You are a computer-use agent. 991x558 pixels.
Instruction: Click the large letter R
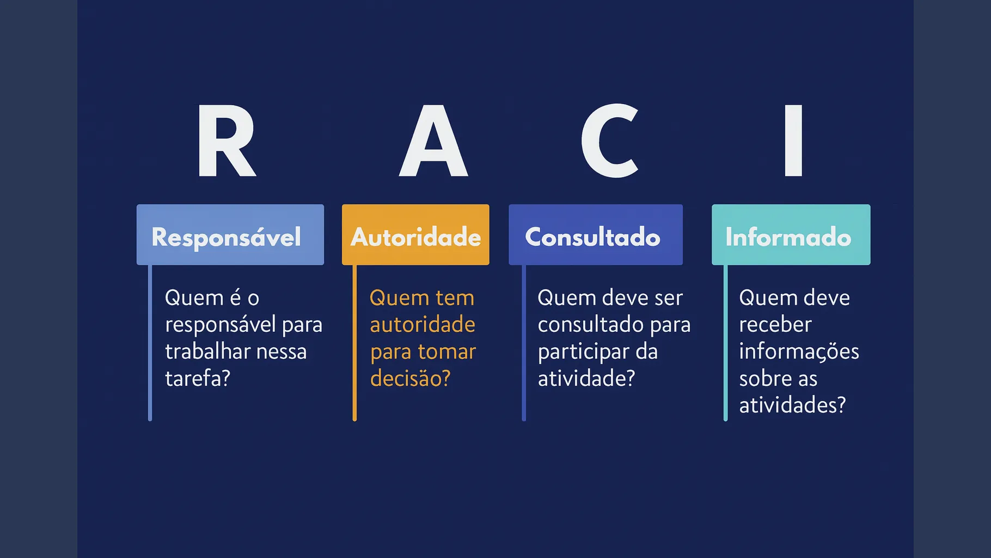pos(225,141)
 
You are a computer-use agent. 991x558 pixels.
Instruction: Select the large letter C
pos(610,141)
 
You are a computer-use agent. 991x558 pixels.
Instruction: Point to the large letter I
pos(793,141)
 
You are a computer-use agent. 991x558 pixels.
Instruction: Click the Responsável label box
pos(230,235)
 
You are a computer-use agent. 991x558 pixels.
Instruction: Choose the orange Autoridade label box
pos(415,235)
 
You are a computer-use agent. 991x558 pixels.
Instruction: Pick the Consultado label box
pos(595,235)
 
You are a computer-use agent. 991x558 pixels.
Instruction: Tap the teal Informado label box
pos(791,235)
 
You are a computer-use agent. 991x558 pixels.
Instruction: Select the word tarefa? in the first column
pos(198,378)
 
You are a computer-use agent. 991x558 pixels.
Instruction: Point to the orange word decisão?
pos(410,378)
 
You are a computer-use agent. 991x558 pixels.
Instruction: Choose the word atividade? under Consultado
pos(586,378)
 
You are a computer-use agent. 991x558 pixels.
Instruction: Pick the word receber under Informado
pos(775,325)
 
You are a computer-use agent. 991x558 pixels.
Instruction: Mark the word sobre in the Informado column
pos(761,378)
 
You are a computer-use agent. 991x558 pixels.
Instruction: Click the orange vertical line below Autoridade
pos(354,343)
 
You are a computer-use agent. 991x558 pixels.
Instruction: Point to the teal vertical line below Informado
pos(725,343)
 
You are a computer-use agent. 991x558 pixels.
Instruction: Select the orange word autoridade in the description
pos(423,325)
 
